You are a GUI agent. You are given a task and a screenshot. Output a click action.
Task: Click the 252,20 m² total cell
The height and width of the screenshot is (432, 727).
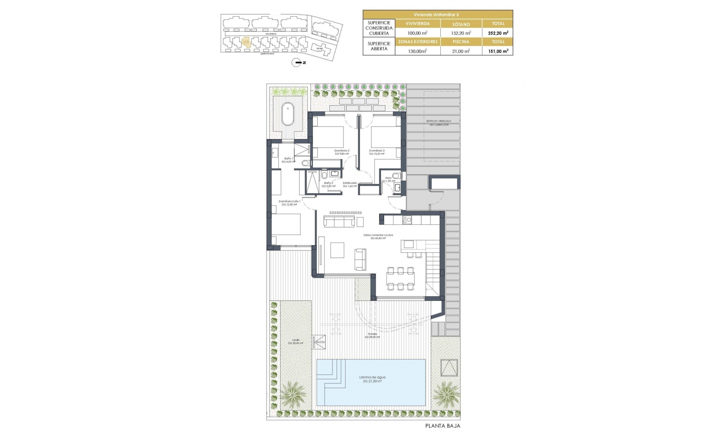click(498, 33)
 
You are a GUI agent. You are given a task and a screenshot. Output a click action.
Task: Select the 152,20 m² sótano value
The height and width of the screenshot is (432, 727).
click(461, 33)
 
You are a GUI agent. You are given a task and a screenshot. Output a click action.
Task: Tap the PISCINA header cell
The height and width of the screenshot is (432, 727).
click(461, 42)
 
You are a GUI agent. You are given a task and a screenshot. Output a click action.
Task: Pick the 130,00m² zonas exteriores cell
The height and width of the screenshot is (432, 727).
click(418, 51)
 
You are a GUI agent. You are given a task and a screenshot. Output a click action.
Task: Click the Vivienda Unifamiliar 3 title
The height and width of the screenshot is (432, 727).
click(438, 14)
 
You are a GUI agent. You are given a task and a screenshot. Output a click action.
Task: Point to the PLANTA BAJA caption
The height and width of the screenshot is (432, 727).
click(443, 426)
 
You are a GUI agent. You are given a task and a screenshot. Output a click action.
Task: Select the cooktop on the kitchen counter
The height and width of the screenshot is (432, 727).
click(407, 219)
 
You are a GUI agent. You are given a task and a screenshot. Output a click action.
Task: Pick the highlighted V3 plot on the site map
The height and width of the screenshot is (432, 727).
click(246, 42)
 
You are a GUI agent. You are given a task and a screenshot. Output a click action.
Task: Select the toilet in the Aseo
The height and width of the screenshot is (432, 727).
click(396, 175)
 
